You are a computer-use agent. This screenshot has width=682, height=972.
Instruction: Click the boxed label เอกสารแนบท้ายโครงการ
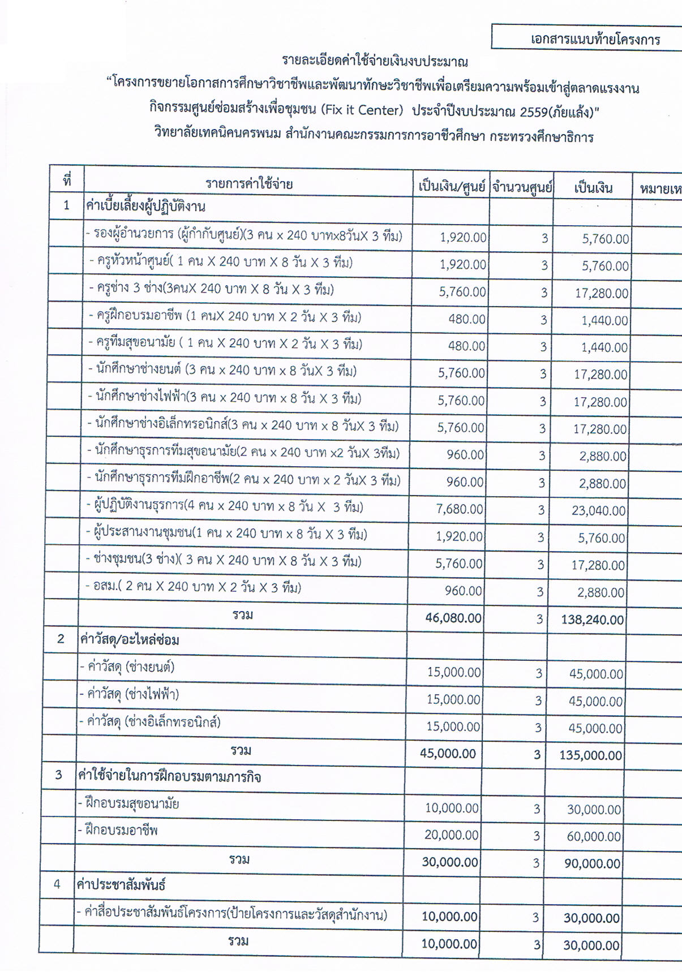(595, 40)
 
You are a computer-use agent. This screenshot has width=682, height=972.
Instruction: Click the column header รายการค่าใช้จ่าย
(249, 184)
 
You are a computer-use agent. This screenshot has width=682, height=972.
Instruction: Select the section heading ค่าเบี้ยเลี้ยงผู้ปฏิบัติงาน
(145, 207)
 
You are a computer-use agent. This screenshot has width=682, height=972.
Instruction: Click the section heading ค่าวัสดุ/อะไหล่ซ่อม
(130, 640)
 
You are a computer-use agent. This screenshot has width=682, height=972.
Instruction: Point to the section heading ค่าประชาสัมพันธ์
(122, 885)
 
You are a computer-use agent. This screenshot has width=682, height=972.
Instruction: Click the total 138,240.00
(593, 620)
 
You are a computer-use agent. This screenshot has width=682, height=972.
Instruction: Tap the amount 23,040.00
(598, 511)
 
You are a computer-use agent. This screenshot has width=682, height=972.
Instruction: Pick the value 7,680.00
(460, 509)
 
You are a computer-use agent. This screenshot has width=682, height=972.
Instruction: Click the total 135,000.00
(590, 755)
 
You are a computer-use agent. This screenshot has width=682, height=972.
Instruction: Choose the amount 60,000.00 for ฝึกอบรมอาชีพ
(594, 837)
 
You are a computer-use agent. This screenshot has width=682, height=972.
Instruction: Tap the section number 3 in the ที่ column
(59, 775)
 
